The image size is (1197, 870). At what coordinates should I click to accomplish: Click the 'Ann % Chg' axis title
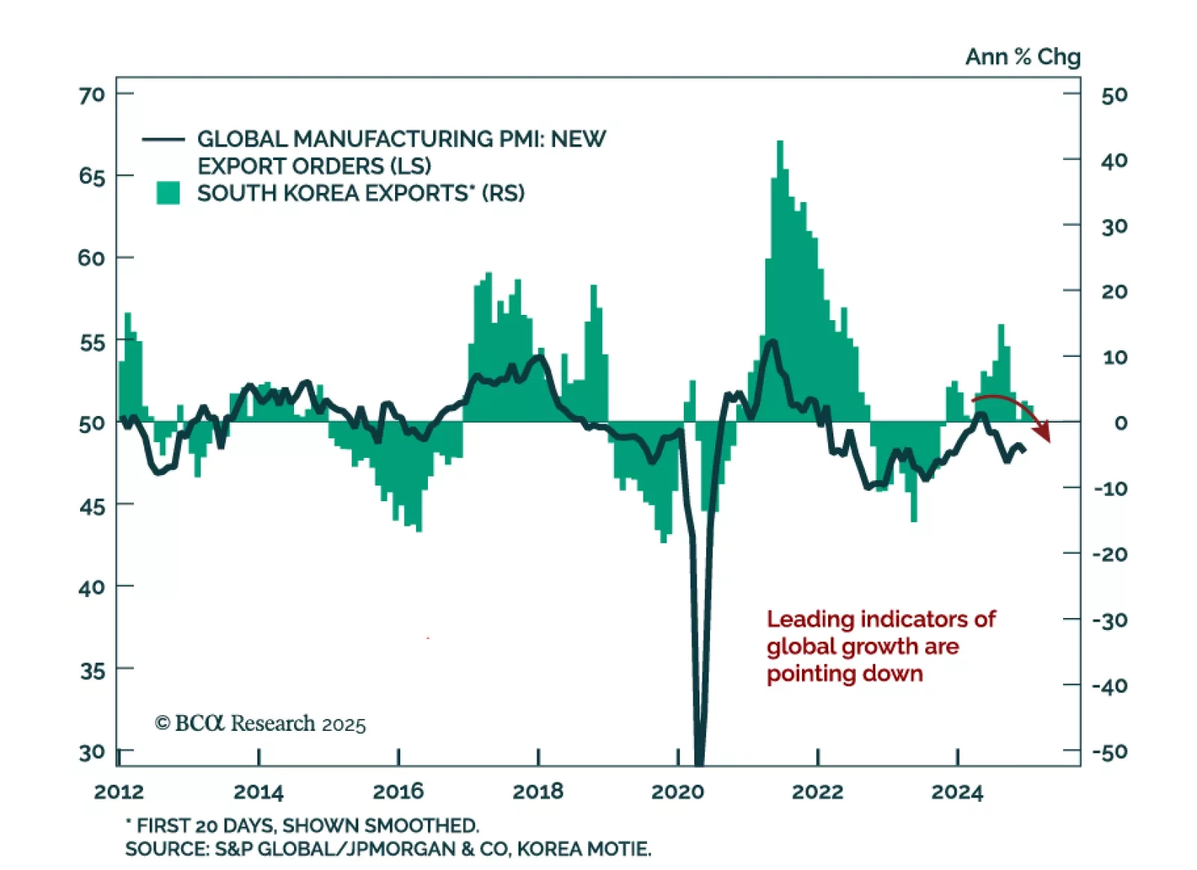1022,57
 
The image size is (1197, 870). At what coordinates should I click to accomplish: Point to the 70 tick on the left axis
92,95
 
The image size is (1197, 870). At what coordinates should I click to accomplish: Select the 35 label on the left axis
92,670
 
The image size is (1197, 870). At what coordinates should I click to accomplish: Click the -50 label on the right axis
1109,751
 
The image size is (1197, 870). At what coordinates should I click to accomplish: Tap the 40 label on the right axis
1114,160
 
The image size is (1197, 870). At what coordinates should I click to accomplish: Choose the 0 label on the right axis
1120,423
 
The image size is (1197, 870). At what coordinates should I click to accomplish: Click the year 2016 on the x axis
398,791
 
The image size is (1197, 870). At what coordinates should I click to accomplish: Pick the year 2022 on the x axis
817,791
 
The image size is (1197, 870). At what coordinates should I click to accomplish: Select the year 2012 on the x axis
119,791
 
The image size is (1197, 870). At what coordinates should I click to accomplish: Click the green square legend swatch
168,193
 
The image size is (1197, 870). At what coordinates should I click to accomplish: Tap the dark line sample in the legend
163,139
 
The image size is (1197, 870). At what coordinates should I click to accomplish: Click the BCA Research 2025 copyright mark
260,723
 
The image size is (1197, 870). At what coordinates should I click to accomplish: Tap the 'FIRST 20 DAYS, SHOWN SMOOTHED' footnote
307,825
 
